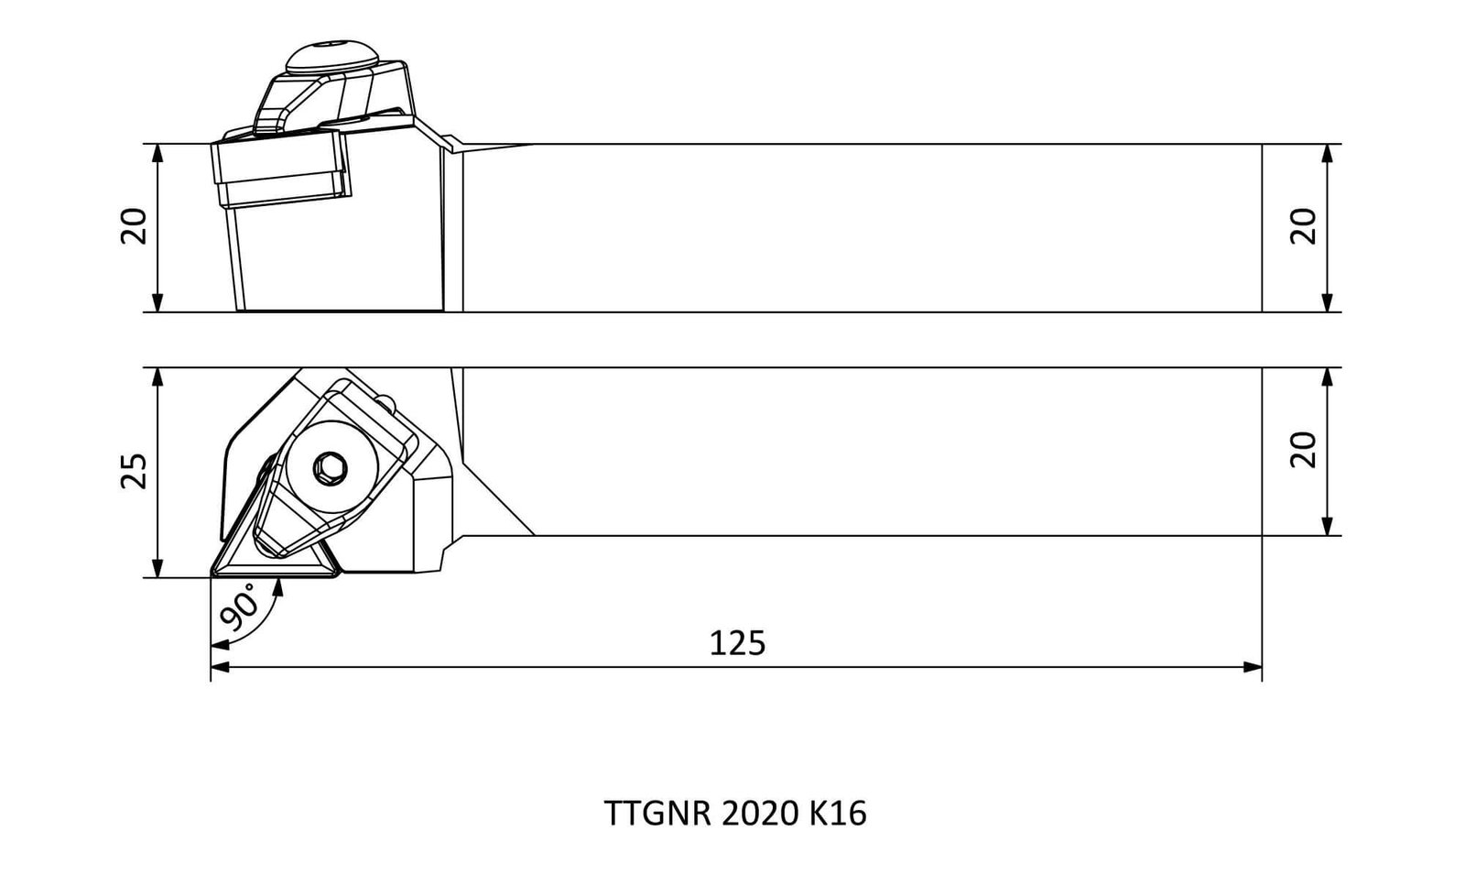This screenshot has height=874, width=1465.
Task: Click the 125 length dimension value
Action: (737, 643)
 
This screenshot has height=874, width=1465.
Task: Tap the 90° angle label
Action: (239, 608)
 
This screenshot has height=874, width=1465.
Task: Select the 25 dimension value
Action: (135, 471)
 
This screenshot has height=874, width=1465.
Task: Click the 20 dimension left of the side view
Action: (134, 225)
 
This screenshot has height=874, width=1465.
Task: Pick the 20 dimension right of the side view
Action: (1303, 225)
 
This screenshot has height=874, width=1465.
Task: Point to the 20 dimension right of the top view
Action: (1303, 450)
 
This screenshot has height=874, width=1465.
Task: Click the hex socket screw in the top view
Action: (330, 468)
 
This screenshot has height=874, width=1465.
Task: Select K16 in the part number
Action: (839, 814)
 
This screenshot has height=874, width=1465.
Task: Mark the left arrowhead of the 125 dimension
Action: (220, 667)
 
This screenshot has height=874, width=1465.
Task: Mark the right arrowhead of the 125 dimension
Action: (1253, 667)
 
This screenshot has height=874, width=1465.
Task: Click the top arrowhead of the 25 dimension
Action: (157, 377)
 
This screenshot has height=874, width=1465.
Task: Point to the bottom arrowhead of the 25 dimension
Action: (157, 568)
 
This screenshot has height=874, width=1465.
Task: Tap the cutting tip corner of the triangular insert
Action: (212, 575)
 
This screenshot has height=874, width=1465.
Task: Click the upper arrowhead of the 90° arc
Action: (278, 587)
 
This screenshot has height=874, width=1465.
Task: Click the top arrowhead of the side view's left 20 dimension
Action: (157, 153)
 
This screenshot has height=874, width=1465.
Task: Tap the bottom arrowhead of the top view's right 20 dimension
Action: (1327, 526)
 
